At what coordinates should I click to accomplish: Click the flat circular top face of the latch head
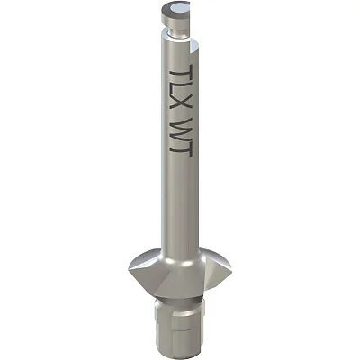pyautogui.click(x=176, y=10)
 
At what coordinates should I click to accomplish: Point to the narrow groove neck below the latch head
pyautogui.click(x=178, y=33)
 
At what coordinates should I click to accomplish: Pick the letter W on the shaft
pyautogui.click(x=181, y=128)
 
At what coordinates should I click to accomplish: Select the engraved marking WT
pyautogui.click(x=181, y=137)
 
